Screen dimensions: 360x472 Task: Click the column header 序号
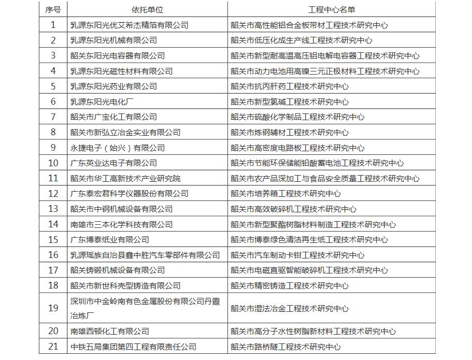53,9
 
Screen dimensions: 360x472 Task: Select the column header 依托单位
147,9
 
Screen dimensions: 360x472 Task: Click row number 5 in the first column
53,86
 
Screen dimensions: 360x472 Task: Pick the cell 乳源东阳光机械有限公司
113,40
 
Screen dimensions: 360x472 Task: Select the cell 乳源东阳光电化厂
102,102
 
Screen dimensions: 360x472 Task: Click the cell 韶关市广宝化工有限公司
113,117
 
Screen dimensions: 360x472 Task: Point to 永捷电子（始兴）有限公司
118,148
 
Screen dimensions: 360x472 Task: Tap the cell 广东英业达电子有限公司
113,163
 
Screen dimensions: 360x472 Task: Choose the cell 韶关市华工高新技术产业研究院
125,178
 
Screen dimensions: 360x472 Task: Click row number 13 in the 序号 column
53,209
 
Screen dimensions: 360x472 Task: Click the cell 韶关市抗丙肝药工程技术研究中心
290,86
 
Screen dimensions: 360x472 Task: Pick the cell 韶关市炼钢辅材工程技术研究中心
290,132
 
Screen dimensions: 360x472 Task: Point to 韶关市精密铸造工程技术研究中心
290,285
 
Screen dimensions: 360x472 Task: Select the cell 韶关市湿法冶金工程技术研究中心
290,308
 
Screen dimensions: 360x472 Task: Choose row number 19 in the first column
53,308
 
